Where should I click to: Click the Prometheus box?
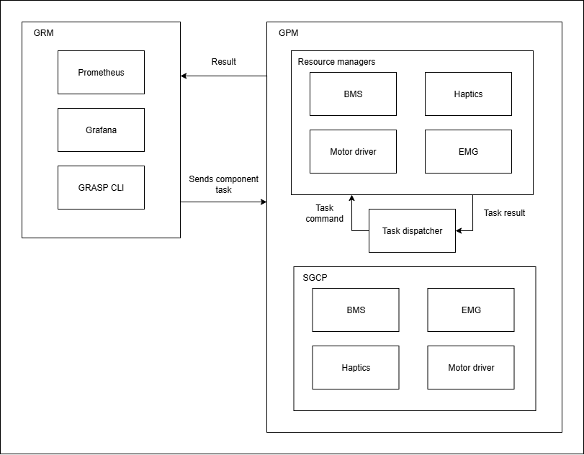pyautogui.click(x=101, y=72)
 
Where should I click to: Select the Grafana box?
pyautogui.click(x=101, y=130)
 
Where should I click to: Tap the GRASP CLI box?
pyautogui.click(x=101, y=187)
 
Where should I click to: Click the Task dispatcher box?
pyautogui.click(x=412, y=230)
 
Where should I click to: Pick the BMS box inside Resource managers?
pyautogui.click(x=353, y=94)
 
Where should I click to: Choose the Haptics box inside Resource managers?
pyautogui.click(x=468, y=94)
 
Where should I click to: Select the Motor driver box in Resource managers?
pyautogui.click(x=353, y=151)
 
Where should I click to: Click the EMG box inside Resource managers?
pyautogui.click(x=468, y=151)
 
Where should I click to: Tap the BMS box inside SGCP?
pyautogui.click(x=356, y=310)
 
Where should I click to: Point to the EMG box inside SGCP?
pyautogui.click(x=471, y=310)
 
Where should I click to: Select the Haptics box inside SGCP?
pyautogui.click(x=356, y=367)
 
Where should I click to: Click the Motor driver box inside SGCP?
pyautogui.click(x=471, y=367)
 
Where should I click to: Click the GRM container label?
pyautogui.click(x=43, y=33)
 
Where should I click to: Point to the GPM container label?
pyautogui.click(x=288, y=33)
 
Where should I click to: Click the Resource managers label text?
pyautogui.click(x=336, y=62)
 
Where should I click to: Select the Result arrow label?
pyautogui.click(x=223, y=62)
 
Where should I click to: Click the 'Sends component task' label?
pyautogui.click(x=223, y=184)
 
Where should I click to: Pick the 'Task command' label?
pyautogui.click(x=324, y=213)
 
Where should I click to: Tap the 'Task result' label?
pyautogui.click(x=504, y=213)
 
